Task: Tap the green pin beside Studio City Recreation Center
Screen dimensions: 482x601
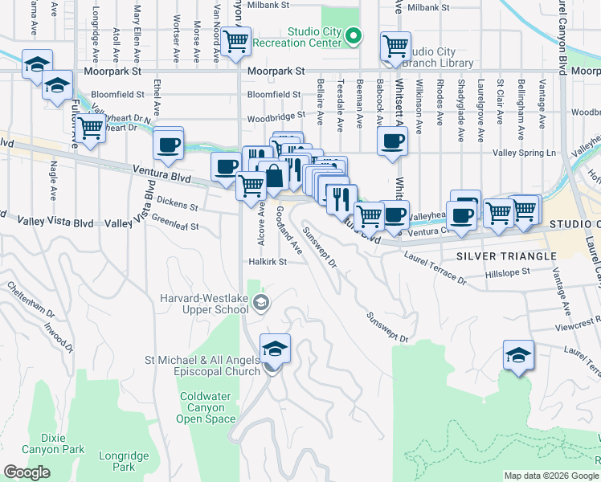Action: coord(354,36)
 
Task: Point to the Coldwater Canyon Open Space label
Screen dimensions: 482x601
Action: coord(206,407)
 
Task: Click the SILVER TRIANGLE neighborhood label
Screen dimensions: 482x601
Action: coord(506,256)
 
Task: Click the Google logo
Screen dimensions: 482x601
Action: coord(27,472)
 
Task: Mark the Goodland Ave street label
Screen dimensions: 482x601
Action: coord(288,230)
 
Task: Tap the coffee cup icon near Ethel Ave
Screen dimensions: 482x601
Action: coord(168,145)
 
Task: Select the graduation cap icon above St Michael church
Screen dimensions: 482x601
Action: coord(275,349)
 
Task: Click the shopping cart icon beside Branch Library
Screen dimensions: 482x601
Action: coord(395,47)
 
